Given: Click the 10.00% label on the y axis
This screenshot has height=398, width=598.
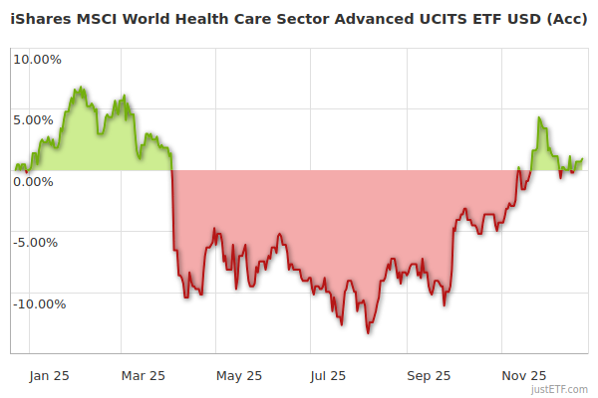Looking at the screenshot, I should click(38, 59).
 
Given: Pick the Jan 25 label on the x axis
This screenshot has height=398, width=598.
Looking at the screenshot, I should click(50, 375).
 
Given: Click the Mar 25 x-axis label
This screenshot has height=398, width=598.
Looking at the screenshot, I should click(144, 375).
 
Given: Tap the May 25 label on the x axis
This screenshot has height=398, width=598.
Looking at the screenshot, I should click(239, 375).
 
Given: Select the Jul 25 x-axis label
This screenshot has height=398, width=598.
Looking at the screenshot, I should click(329, 375).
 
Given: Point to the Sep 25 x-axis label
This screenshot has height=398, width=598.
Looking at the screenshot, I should click(430, 375).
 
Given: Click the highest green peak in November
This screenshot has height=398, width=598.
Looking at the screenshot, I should click(539, 118).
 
